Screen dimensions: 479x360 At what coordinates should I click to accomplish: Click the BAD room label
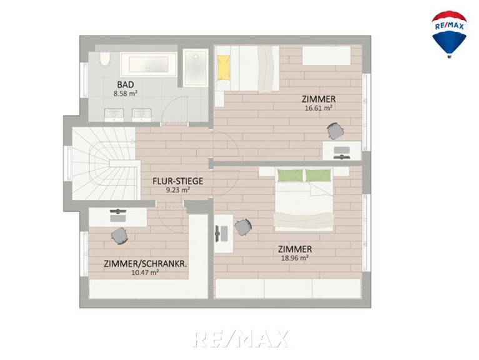(x=126, y=84)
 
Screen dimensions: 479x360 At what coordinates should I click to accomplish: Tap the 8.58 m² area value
(x=126, y=94)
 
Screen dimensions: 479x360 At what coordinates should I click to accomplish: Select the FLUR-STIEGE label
(x=178, y=181)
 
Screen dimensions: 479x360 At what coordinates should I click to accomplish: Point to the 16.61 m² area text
(x=319, y=108)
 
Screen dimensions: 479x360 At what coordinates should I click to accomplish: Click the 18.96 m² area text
(x=295, y=258)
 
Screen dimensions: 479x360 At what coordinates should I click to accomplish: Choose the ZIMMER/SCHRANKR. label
(x=145, y=264)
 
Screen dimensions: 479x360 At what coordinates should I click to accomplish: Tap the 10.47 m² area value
(x=145, y=272)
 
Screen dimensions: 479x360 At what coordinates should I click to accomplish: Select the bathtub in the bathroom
(x=149, y=64)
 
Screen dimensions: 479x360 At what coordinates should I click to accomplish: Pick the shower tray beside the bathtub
(x=195, y=67)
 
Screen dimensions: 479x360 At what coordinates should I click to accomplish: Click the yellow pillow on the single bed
(x=224, y=67)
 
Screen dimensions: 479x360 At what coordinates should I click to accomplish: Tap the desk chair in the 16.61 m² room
(x=335, y=131)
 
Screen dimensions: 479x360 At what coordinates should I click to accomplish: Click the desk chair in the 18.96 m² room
(x=243, y=227)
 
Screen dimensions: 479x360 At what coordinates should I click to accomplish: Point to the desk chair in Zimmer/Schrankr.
(x=119, y=236)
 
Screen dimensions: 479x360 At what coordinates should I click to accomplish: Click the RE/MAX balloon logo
(x=449, y=34)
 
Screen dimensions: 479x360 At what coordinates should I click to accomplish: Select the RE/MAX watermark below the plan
(x=240, y=339)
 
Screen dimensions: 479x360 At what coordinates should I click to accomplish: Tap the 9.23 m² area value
(x=178, y=190)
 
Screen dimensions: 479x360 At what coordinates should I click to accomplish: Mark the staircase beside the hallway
(x=104, y=164)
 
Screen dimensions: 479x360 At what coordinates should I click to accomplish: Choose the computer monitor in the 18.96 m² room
(x=217, y=234)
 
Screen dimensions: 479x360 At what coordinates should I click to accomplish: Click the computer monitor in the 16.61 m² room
(x=342, y=157)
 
